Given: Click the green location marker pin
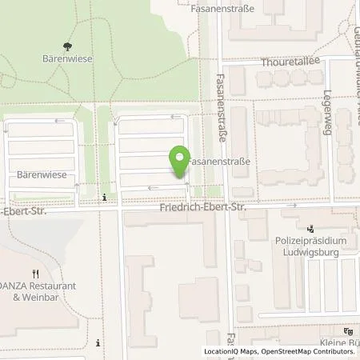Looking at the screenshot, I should pyautogui.click(x=181, y=162).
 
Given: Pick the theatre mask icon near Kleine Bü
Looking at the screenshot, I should pyautogui.click(x=347, y=330).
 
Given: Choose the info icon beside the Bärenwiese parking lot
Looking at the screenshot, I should pyautogui.click(x=104, y=198).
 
